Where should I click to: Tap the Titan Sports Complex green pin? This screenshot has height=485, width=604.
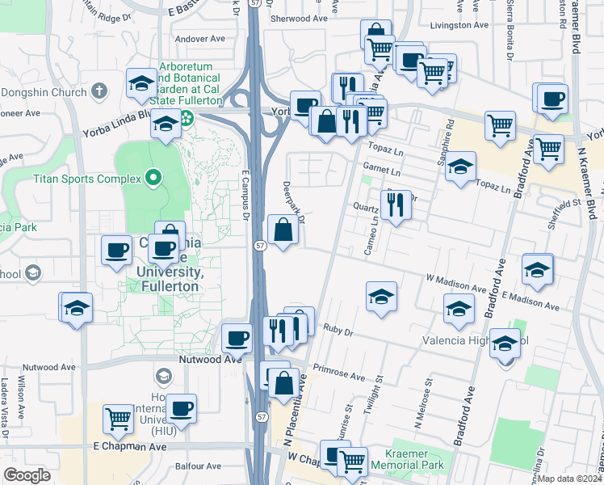(153, 177)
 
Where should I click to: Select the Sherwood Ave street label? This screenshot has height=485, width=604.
(300, 18)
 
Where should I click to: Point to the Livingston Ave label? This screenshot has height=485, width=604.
(459, 25)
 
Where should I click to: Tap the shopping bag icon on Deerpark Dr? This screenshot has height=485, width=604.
(283, 230)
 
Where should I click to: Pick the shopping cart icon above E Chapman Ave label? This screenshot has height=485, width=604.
(119, 418)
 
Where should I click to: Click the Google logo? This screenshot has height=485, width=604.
(27, 475)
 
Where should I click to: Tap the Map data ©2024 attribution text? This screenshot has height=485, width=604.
(570, 479)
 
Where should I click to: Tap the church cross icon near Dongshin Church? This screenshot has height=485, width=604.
(99, 92)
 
